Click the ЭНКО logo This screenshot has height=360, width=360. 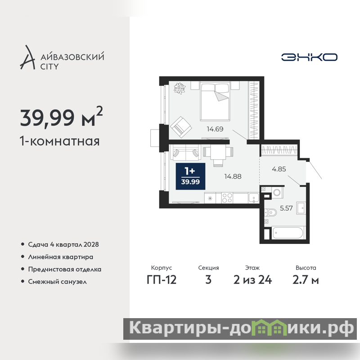(309, 57)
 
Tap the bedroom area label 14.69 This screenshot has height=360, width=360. (215, 129)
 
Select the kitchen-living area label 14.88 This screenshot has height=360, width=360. (233, 176)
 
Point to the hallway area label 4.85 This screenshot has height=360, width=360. (279, 169)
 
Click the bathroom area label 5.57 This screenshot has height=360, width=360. (286, 208)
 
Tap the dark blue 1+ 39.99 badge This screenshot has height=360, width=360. (190, 176)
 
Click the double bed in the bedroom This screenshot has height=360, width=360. (215, 102)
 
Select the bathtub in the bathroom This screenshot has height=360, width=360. (288, 233)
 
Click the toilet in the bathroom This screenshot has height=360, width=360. (270, 212)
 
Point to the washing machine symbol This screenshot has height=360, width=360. (277, 193)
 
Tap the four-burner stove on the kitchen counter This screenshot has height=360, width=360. (227, 198)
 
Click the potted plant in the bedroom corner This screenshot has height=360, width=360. (180, 88)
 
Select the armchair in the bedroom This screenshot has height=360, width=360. (181, 127)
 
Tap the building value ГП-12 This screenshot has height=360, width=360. (162, 280)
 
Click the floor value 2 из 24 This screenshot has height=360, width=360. (252, 280)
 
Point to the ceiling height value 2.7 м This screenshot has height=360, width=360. (306, 280)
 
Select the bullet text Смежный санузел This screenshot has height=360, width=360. (58, 282)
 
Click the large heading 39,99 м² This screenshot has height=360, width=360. (61, 117)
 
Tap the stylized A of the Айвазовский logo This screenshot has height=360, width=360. (27, 58)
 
